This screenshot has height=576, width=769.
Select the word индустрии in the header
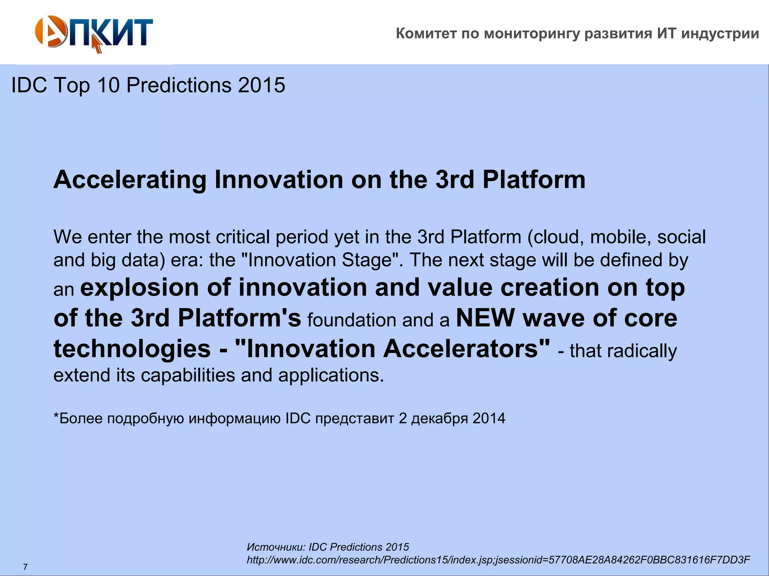pos(720,34)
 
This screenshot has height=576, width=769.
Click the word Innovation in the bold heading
pos(279,180)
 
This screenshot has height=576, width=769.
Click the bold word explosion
pos(139,288)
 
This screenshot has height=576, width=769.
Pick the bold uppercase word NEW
pos(485,318)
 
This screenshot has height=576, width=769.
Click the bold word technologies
pos(132,349)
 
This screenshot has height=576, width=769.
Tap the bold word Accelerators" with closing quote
pos(467,349)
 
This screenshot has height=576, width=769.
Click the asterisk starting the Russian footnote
pos(56,417)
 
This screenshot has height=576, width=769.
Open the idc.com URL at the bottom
pos(498,560)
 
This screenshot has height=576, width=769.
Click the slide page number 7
pos(25,567)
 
